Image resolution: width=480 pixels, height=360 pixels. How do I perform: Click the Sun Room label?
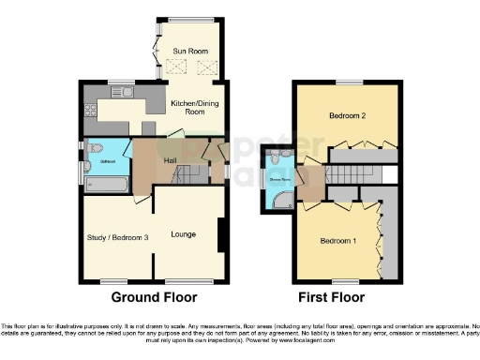coord(190,50)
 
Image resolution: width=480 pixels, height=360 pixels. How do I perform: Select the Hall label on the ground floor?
coord(171,160)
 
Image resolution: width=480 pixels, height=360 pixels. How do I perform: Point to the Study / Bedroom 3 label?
coord(117,238)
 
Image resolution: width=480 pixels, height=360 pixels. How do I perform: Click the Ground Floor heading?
coord(155,297)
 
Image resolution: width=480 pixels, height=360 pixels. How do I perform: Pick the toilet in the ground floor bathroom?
coord(96,148)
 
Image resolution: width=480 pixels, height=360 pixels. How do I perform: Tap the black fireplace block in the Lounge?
coord(221,235)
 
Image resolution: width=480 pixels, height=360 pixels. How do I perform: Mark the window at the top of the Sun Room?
coord(190,21)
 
